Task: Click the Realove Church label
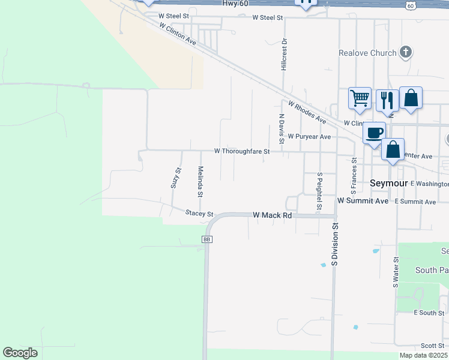pos(367,53)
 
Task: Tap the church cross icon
pos(406,52)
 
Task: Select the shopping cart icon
pos(360,97)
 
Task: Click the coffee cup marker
pos(374,133)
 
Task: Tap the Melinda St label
pos(200,182)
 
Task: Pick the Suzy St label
pos(176,178)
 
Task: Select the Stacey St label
pos(199,213)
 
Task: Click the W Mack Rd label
pos(273,214)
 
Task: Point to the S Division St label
pos(336,245)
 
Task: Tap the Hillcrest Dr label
pos(285,55)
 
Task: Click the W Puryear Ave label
pos(309,137)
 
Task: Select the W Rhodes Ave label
pos(306,112)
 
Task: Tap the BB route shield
pos(207,239)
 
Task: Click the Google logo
pos(20,353)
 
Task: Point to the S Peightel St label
pos(320,191)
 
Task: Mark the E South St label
pos(429,313)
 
